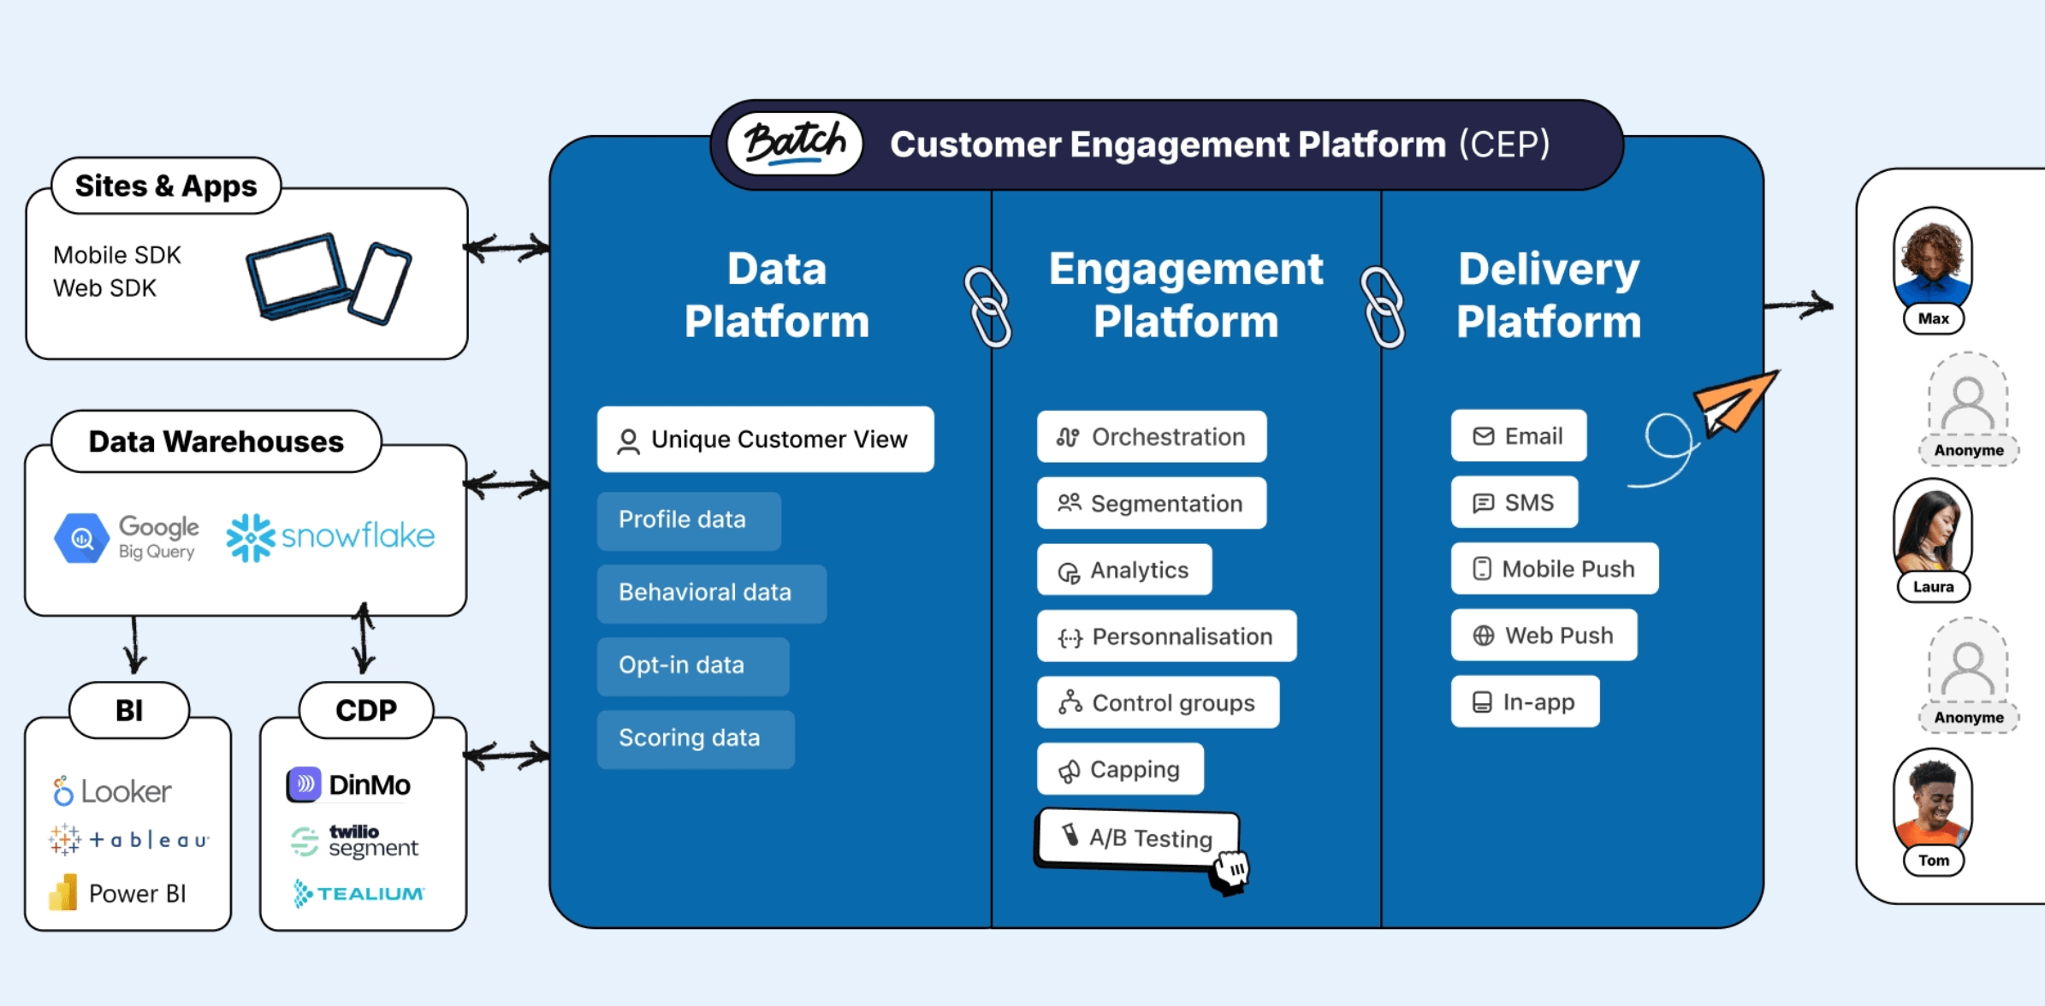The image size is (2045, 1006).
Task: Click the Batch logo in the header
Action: [795, 143]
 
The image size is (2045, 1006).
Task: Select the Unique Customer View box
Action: [765, 439]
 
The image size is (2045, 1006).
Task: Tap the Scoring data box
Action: [695, 738]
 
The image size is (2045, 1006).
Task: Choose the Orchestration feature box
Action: [1151, 436]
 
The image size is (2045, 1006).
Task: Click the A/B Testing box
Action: [1138, 837]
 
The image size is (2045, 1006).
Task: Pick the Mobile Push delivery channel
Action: [1554, 569]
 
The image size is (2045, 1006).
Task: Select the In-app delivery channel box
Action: [1525, 701]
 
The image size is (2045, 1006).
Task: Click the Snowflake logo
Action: [330, 537]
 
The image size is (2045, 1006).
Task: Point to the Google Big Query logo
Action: [127, 537]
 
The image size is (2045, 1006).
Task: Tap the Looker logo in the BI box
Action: [111, 791]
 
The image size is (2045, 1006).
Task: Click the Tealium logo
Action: [359, 894]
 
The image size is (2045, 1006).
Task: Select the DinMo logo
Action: [348, 784]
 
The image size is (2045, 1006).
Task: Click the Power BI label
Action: [137, 894]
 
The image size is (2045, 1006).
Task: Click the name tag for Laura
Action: [1933, 587]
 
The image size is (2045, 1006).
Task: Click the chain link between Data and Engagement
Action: [988, 306]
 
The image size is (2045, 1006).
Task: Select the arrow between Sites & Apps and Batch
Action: [507, 248]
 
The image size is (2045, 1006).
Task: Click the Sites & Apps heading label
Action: [166, 186]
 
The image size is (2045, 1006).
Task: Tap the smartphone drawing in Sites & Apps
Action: [380, 283]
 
